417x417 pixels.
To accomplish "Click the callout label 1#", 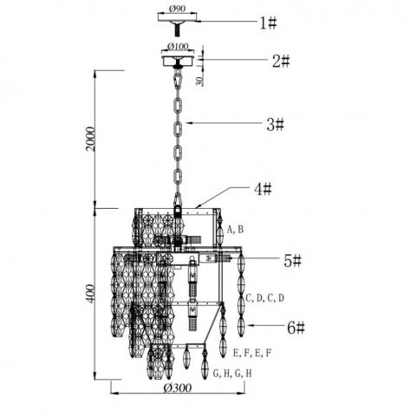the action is coord(268,23).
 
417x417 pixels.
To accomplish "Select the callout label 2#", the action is coord(281,61).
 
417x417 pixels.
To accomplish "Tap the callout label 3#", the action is coord(275,125).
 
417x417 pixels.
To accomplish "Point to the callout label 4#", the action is coord(263,189).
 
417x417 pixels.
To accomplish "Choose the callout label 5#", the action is coord(292,261).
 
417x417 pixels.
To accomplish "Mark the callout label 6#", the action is coord(296,328).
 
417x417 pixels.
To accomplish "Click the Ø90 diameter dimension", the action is coord(176,9).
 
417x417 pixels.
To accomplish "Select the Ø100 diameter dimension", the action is coord(178,46).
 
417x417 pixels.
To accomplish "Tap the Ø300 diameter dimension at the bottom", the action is coord(178,388).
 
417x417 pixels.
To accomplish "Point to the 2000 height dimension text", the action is coord(90,139).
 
